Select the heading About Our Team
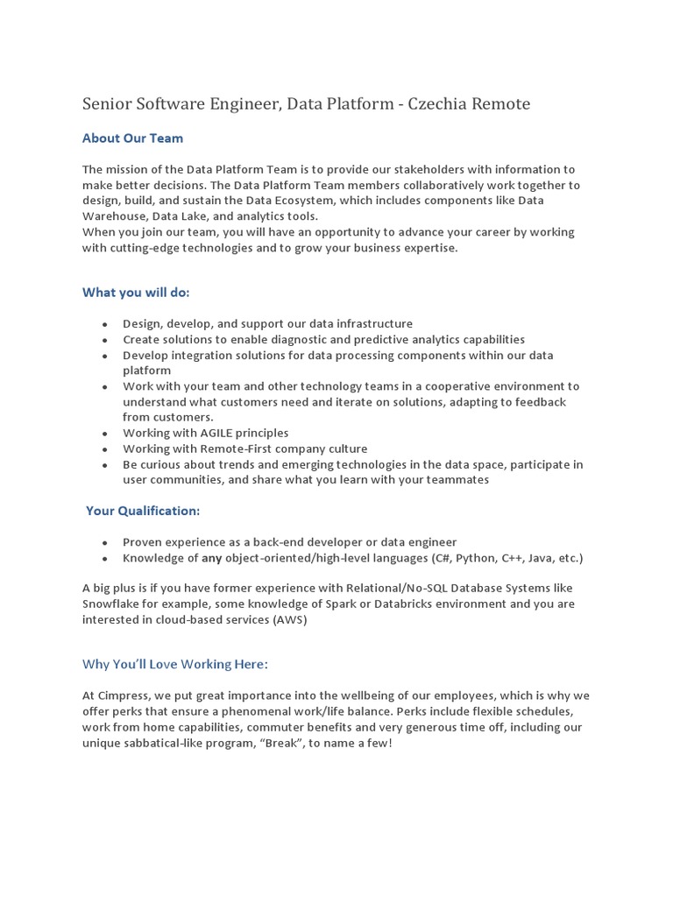(132, 138)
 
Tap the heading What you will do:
(136, 292)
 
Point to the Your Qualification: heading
(142, 511)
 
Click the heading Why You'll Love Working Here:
(174, 664)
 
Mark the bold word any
(212, 558)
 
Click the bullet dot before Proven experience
(105, 543)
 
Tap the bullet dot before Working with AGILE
(105, 434)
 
